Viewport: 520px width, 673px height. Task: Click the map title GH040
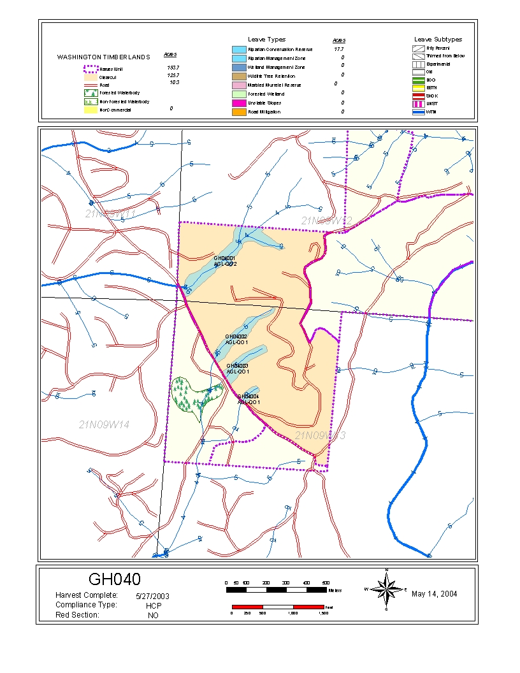(114, 579)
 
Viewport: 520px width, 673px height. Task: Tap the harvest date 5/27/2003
(152, 597)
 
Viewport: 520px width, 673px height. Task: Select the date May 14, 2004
(434, 594)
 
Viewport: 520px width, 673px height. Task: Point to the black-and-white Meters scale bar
(277, 590)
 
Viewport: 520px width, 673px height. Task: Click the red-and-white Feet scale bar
(278, 606)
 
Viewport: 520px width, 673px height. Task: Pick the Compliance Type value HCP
(152, 606)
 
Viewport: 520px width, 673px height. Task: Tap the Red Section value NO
(152, 616)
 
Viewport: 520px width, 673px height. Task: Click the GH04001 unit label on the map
(225, 258)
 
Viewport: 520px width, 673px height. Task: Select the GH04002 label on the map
(236, 336)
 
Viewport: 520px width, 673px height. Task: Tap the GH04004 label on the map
(249, 396)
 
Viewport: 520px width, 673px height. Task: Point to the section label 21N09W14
(105, 424)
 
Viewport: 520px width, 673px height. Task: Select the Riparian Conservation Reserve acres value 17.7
(339, 49)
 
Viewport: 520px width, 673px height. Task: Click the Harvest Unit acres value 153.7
(171, 67)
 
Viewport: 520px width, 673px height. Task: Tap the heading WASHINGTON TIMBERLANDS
(103, 57)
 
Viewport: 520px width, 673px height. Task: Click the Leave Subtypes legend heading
(438, 40)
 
